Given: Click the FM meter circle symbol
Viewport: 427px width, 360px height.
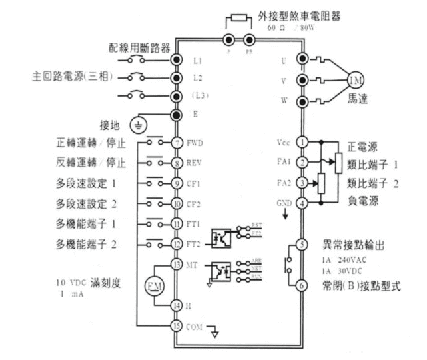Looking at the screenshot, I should pyautogui.click(x=151, y=286).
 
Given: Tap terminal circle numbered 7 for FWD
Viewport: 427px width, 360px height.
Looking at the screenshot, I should pyautogui.click(x=177, y=143).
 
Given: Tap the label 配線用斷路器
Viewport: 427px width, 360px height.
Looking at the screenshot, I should pyautogui.click(x=140, y=48).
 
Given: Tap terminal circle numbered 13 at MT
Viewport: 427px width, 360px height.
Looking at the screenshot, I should pyautogui.click(x=177, y=264).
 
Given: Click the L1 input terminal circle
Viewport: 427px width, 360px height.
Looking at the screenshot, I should pyautogui.click(x=177, y=59).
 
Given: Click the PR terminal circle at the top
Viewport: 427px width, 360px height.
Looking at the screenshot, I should pyautogui.click(x=249, y=39).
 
